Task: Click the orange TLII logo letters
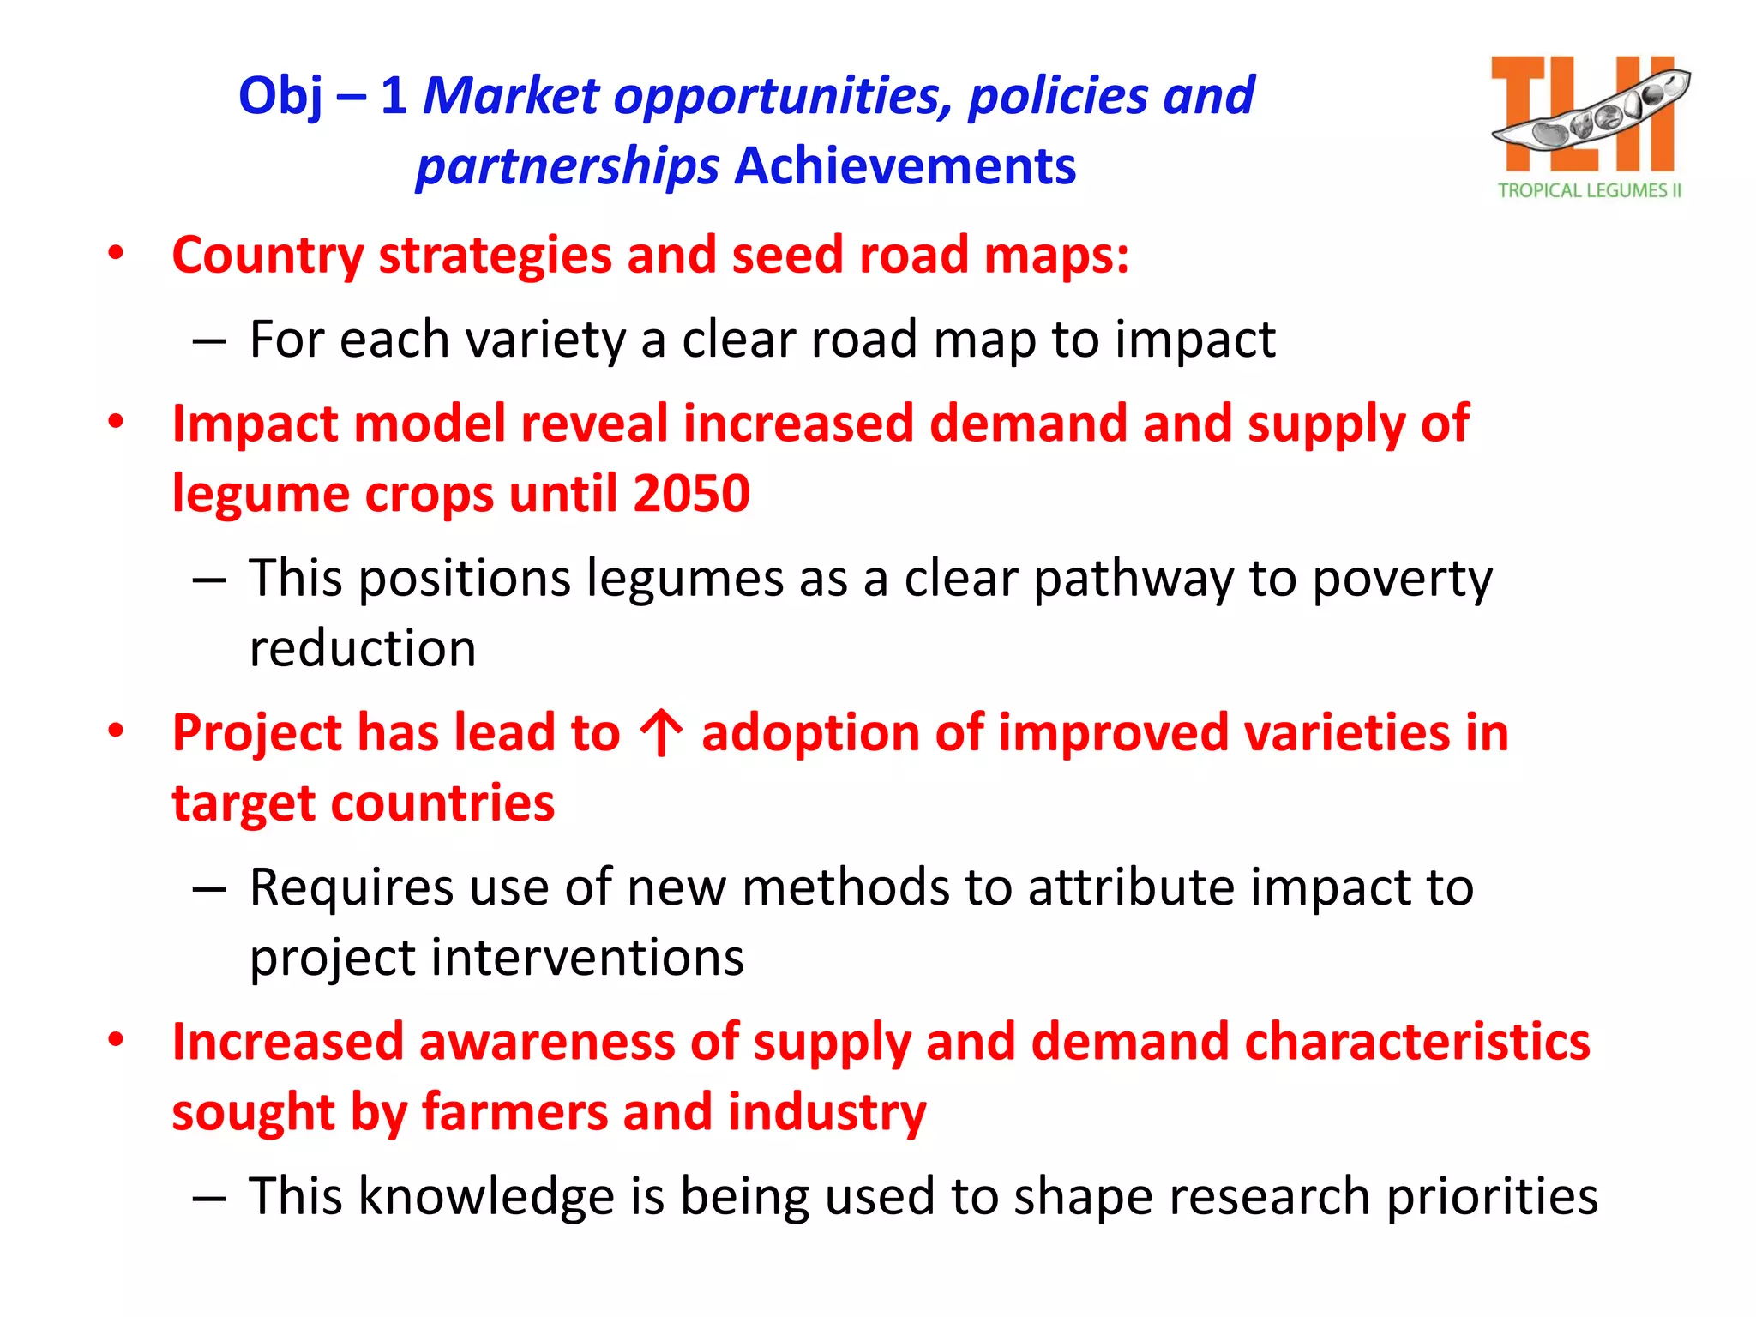pos(1582,113)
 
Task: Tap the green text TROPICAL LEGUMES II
pos(1589,190)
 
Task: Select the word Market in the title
pos(511,95)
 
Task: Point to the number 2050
pos(691,494)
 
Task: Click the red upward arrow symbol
pos(661,733)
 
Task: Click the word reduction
pos(362,648)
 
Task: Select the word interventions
pos(587,958)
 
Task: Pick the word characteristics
pos(1416,1043)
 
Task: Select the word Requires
pos(352,887)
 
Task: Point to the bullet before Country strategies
pos(116,254)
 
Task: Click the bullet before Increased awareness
pos(116,1041)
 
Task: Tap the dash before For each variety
pos(208,341)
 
